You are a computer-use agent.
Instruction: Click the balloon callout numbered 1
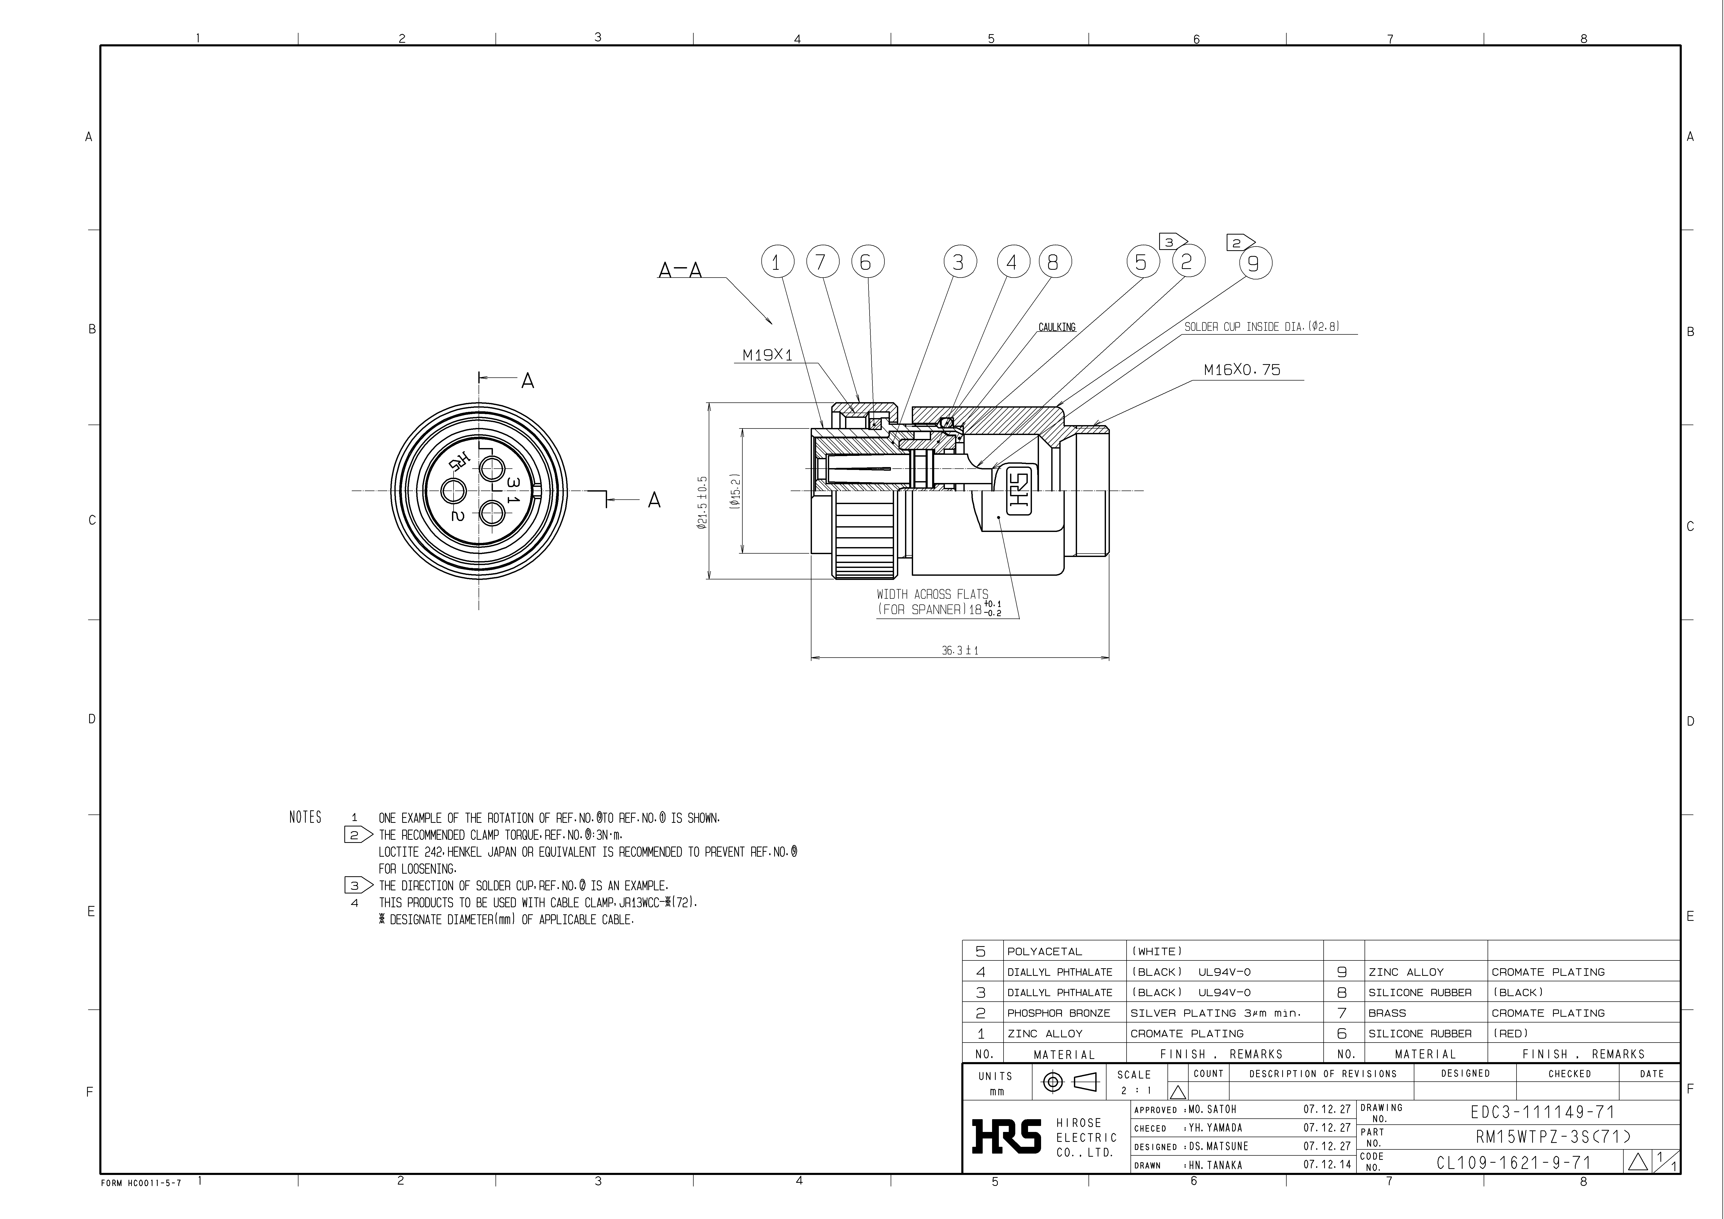777,262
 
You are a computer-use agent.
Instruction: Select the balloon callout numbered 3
959,262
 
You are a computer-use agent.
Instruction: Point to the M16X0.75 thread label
1242,370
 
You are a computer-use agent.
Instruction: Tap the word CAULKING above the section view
1056,327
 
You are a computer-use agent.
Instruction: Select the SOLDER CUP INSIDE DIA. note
1262,327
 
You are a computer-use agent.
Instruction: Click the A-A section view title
680,270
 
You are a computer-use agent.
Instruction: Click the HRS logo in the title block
1006,1136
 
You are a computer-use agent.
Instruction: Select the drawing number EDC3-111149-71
1542,1112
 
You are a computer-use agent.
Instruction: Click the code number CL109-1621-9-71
1514,1163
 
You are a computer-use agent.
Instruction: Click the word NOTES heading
305,817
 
